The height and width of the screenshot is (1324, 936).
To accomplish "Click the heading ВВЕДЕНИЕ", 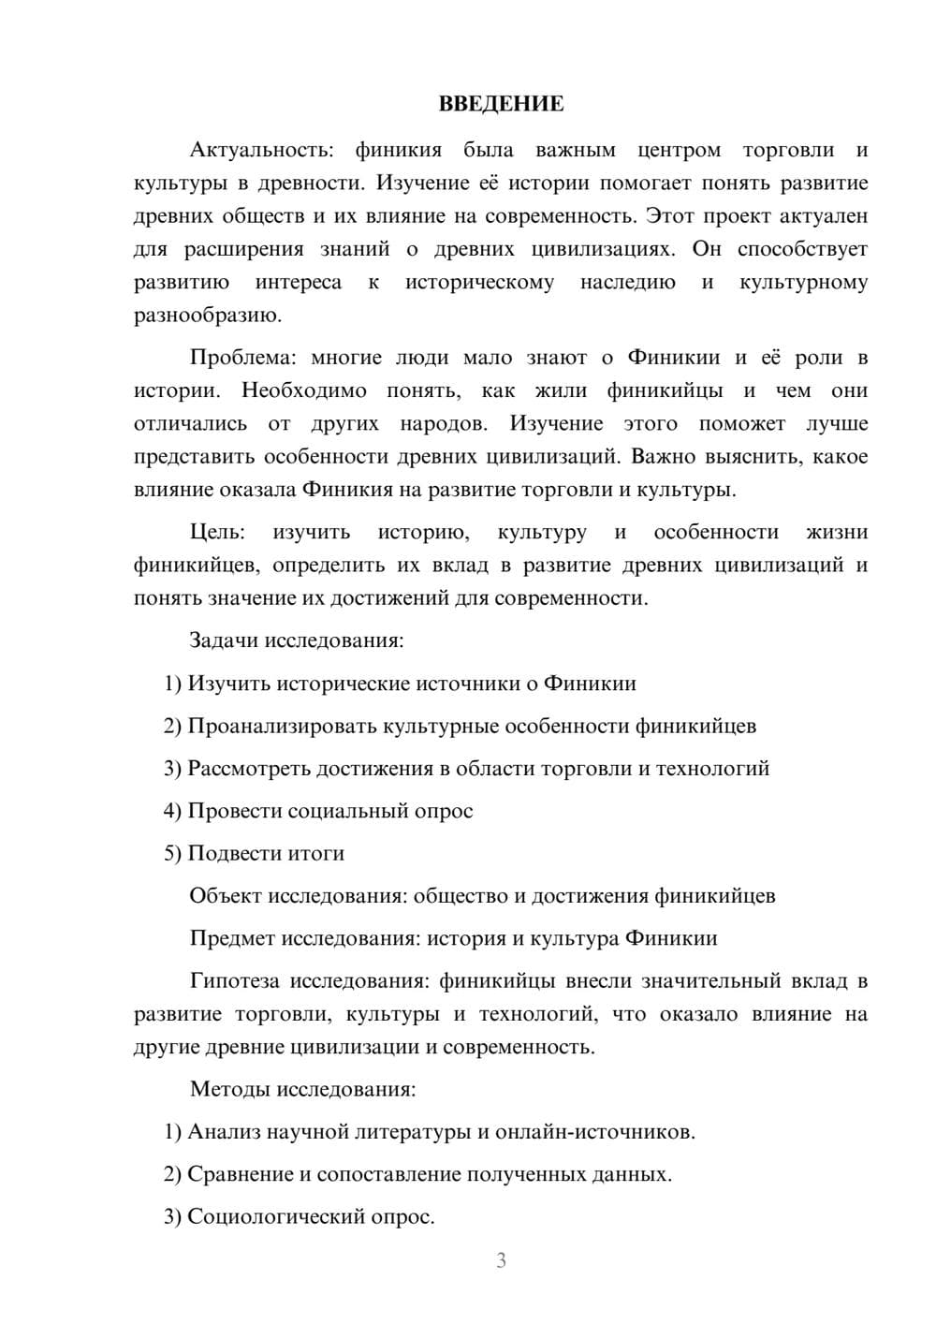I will (x=501, y=104).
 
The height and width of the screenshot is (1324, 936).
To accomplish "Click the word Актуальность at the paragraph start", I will (x=246, y=150).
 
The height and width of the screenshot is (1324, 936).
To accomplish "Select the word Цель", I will (x=217, y=532).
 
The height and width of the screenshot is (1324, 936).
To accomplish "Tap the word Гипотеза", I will (x=235, y=980).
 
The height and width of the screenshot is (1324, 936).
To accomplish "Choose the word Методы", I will (x=225, y=1089).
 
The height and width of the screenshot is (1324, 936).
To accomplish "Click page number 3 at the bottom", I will (x=501, y=1260).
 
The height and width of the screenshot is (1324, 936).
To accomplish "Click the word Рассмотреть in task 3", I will (x=249, y=769).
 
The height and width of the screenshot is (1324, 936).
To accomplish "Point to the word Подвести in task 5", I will (x=231, y=853).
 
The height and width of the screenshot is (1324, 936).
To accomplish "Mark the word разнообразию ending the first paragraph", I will (x=208, y=316).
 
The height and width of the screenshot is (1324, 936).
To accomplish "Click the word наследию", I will (x=627, y=282).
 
